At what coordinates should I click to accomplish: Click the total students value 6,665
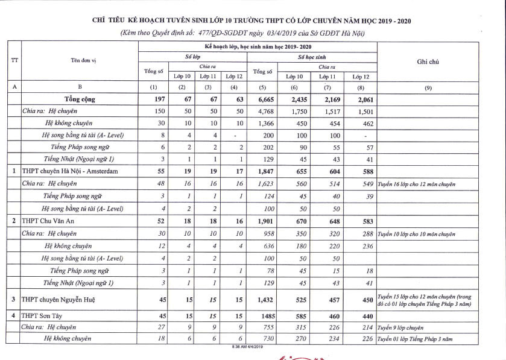[x=263, y=99]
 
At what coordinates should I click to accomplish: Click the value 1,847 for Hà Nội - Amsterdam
[x=263, y=172]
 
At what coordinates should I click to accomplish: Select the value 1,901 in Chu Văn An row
[x=263, y=221]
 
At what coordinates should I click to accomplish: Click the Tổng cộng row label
[x=87, y=99]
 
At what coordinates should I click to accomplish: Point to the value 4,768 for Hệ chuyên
[x=263, y=111]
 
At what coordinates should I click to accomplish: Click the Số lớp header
[x=192, y=56]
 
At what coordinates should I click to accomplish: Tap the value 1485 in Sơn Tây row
[x=263, y=315]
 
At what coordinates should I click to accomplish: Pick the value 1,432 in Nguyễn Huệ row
[x=263, y=299]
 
